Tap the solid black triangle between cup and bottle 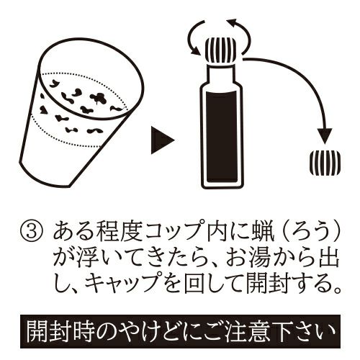point(161,140)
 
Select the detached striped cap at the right point(325,163)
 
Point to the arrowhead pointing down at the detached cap point(325,136)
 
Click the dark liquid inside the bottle point(222,136)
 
